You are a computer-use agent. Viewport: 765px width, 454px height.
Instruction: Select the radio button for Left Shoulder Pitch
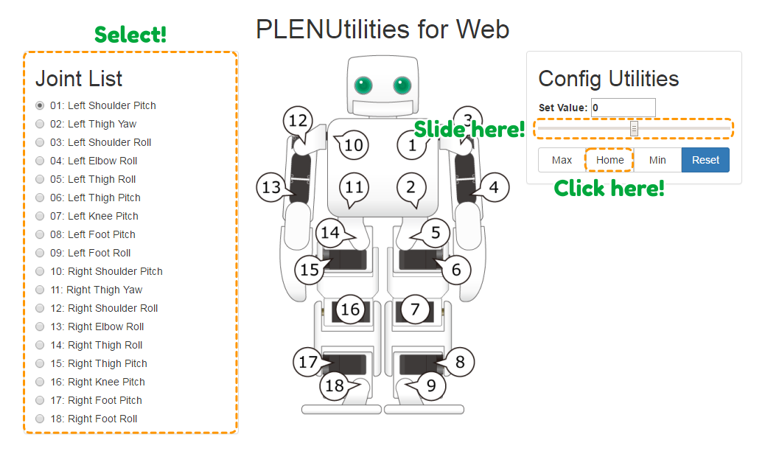pos(40,105)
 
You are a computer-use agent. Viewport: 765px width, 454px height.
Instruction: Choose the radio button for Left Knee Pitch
pos(40,216)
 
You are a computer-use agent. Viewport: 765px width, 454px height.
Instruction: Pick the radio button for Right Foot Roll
pos(40,419)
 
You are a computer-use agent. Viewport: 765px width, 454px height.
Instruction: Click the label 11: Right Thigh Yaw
pos(105,290)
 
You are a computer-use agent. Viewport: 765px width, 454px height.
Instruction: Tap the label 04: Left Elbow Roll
pos(102,161)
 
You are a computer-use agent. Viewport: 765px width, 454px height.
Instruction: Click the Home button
pos(609,160)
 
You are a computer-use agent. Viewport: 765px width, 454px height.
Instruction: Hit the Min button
pos(657,160)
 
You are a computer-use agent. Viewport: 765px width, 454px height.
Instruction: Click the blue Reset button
pos(705,160)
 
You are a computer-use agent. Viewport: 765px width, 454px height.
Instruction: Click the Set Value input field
pos(623,108)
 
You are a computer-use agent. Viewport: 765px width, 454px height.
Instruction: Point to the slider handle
pos(634,129)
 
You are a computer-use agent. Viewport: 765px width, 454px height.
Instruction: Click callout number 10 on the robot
pos(353,145)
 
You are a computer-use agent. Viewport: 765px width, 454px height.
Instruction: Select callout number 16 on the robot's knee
pos(349,309)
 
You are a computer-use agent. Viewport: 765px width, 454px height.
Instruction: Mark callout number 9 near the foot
pos(431,384)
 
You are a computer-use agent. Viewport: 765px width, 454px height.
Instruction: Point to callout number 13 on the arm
pos(271,187)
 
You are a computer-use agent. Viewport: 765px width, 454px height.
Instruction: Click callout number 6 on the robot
pos(456,269)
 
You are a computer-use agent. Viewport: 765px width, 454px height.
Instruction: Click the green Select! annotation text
pos(130,34)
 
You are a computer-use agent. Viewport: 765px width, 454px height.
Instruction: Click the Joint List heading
pos(79,79)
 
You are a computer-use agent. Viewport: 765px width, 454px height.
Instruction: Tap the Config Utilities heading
pos(609,79)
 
